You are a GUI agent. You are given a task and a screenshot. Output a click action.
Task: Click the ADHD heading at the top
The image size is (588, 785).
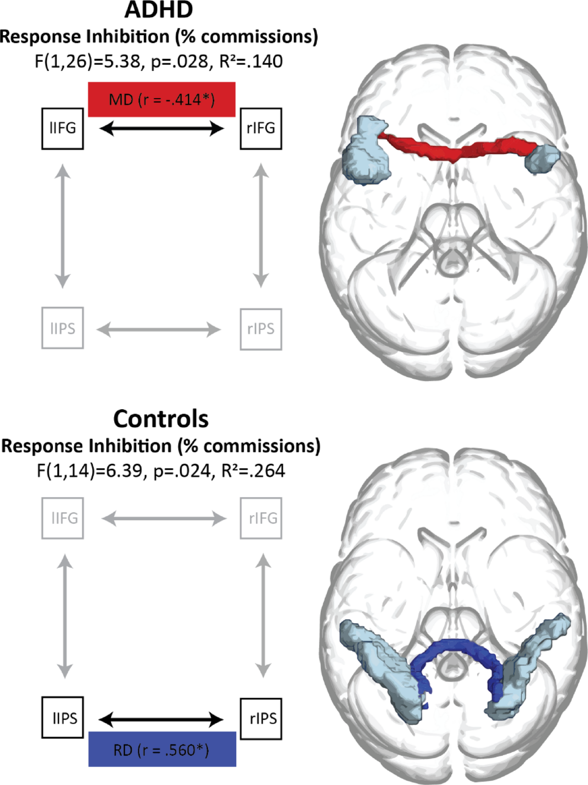pos(159,10)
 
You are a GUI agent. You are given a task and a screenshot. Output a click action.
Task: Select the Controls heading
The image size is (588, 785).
pos(161,419)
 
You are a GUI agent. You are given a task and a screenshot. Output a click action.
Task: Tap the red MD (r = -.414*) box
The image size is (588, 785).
pos(162,99)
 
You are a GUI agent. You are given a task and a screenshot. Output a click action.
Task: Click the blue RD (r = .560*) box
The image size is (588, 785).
pos(162,750)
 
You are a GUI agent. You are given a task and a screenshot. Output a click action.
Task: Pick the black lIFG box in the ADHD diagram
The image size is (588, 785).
pos(63,128)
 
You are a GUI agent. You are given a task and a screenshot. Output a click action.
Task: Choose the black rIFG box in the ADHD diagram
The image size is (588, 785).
pos(261,128)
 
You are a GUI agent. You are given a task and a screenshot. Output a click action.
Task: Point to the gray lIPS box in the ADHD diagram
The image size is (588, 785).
pos(63,328)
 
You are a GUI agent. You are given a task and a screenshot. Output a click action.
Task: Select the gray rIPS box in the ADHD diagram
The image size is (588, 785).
pos(261,329)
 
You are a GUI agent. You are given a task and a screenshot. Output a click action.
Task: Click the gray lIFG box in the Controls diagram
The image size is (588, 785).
pos(63,518)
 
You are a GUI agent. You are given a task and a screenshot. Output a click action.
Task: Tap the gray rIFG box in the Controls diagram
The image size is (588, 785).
pos(261,518)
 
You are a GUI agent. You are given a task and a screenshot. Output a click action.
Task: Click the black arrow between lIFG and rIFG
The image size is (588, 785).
pos(162,128)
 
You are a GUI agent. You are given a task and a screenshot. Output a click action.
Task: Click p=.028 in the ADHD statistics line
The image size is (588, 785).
pos(179,62)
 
